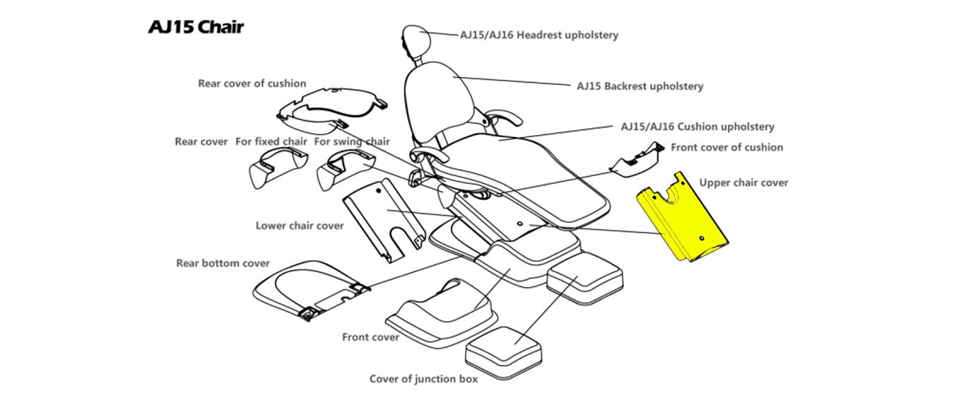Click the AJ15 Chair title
(196, 28)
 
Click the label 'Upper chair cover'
(743, 182)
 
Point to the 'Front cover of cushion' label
(726, 147)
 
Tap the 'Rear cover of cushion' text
(252, 83)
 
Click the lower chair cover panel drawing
(382, 219)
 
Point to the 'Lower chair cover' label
(300, 226)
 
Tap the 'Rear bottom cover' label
(223, 263)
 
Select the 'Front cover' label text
(370, 337)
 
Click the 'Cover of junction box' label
(423, 378)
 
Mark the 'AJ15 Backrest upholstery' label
(639, 86)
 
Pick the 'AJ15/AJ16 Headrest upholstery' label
(539, 35)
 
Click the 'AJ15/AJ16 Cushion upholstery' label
(697, 127)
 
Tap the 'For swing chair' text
(352, 141)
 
